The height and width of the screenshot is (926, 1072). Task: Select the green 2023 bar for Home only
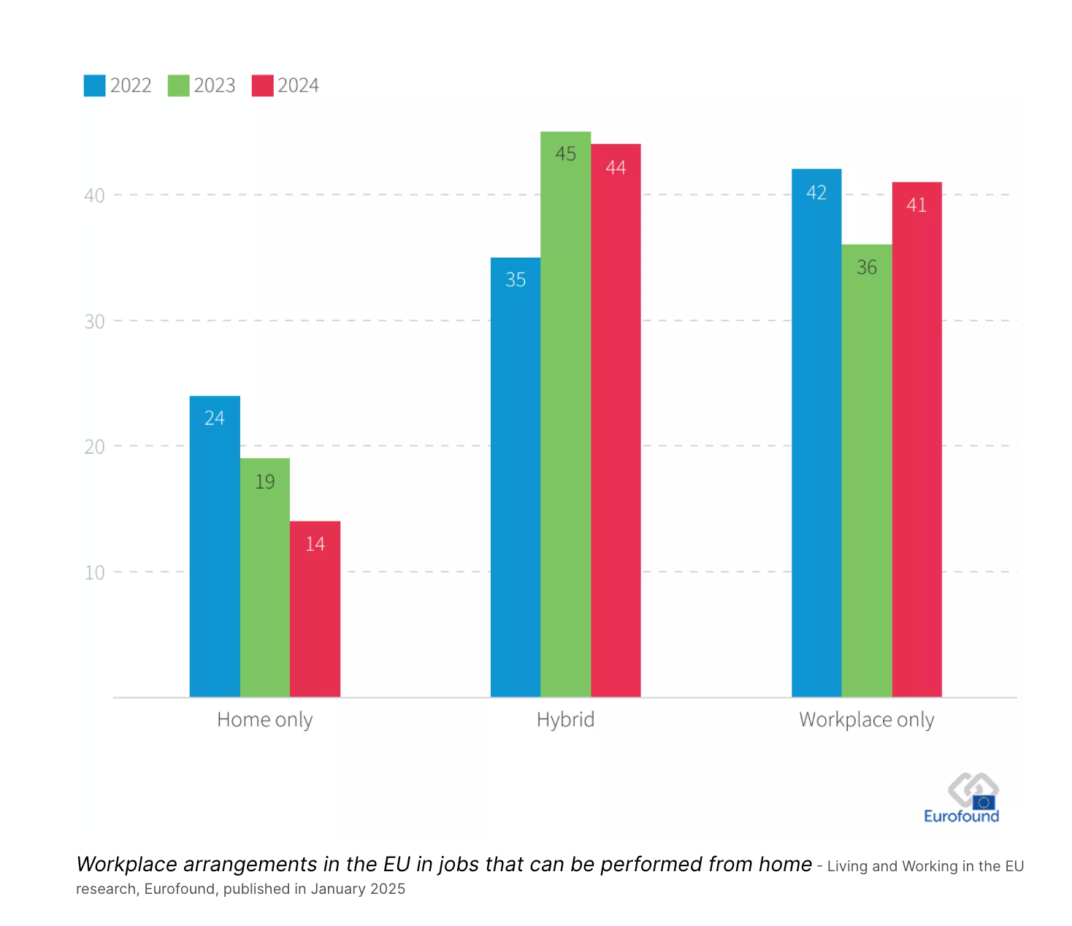point(265,578)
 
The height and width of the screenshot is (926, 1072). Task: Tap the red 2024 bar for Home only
point(315,609)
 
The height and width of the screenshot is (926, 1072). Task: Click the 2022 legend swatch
point(95,85)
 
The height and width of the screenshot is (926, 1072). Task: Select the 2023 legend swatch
point(179,85)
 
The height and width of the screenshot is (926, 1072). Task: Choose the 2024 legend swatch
point(262,85)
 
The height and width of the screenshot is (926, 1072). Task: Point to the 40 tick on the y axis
point(94,196)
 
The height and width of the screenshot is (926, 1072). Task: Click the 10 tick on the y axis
point(94,573)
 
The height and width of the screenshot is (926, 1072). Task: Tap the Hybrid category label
point(565,720)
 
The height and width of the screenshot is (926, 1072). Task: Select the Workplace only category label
point(867,720)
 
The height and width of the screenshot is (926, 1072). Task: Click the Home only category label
point(265,720)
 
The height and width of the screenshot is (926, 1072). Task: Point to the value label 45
point(565,154)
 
